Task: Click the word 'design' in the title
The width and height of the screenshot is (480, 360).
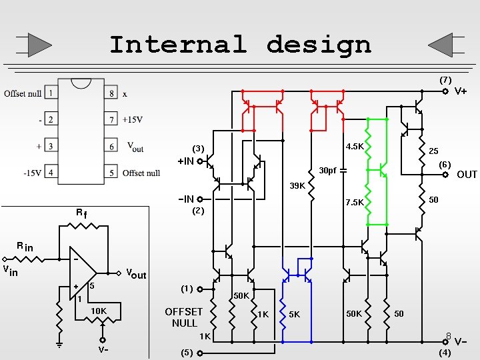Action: pyautogui.click(x=318, y=45)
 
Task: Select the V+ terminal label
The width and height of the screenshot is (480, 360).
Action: pyautogui.click(x=461, y=91)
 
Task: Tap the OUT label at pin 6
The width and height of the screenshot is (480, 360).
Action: pyautogui.click(x=467, y=175)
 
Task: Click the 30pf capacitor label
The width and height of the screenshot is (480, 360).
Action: pyautogui.click(x=327, y=171)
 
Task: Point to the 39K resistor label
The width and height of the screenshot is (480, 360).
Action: pyautogui.click(x=297, y=185)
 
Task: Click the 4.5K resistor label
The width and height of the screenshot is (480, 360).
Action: pyautogui.click(x=354, y=146)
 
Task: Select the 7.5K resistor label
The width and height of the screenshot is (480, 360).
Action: pyautogui.click(x=354, y=203)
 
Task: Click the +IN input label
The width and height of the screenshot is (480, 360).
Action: pyautogui.click(x=185, y=161)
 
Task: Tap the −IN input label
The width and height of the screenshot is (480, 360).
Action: pyautogui.click(x=185, y=199)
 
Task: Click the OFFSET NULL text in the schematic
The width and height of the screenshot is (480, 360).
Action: pyautogui.click(x=184, y=317)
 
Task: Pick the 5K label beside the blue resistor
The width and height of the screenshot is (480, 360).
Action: pyautogui.click(x=294, y=314)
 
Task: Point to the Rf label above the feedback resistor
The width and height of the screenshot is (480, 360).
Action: pyautogui.click(x=81, y=214)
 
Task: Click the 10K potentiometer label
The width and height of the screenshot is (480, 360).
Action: pyautogui.click(x=99, y=311)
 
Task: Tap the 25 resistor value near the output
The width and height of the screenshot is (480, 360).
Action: pyautogui.click(x=433, y=151)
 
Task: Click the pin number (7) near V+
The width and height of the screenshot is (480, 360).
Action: pyautogui.click(x=445, y=80)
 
